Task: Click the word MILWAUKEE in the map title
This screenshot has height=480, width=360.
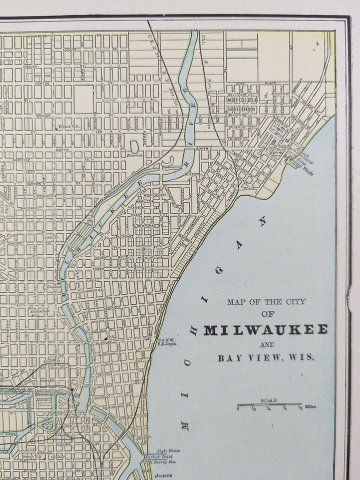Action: click(x=266, y=330)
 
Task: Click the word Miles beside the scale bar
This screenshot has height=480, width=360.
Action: click(x=309, y=407)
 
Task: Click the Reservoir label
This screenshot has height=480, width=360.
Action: click(x=134, y=155)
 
